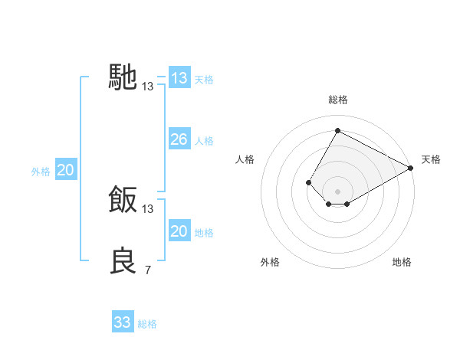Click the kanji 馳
[x=123, y=77]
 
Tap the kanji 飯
[x=123, y=200]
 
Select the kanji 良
[x=123, y=261]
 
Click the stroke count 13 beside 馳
[x=148, y=87]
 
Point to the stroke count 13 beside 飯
[x=148, y=209]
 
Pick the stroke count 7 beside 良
[x=147, y=270]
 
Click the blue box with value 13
[x=179, y=78]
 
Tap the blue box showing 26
[x=179, y=139]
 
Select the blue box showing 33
[x=123, y=322]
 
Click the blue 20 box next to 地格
[x=179, y=231]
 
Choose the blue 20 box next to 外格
[x=66, y=170]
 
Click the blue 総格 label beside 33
[x=147, y=324]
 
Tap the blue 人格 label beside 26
[x=204, y=141]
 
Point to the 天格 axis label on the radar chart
[x=431, y=159]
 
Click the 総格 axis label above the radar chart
[x=337, y=100]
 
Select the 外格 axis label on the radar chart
[x=270, y=262]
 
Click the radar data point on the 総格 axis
[x=337, y=130]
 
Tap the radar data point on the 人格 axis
[x=308, y=182]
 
